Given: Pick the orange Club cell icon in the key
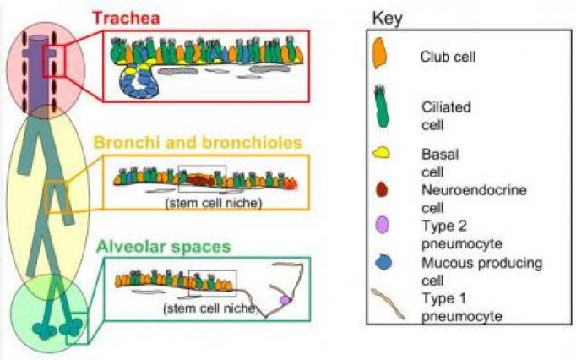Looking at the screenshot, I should [380, 57].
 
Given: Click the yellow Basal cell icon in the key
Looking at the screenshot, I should [381, 155].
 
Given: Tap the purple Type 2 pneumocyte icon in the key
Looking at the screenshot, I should [381, 226].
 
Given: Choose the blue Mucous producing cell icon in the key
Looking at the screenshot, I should [381, 264].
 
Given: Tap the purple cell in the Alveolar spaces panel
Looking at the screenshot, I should [285, 300].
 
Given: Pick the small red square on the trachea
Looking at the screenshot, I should [53, 62].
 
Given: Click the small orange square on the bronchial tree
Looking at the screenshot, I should [56, 196].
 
